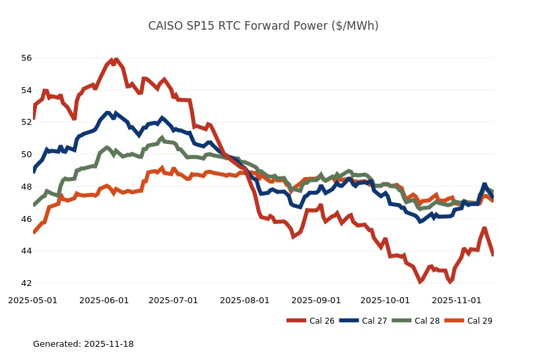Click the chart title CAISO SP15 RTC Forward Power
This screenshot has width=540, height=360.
(x=263, y=26)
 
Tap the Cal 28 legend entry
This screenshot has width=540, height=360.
(x=415, y=321)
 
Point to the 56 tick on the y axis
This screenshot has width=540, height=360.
(x=26, y=58)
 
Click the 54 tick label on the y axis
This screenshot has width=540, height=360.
(x=26, y=90)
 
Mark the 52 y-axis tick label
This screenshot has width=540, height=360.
(x=26, y=122)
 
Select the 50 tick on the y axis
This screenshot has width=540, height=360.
(x=26, y=155)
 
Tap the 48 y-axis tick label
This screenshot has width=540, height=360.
(x=26, y=187)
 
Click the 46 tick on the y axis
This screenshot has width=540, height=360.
(x=26, y=219)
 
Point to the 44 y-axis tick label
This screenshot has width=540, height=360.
(x=26, y=251)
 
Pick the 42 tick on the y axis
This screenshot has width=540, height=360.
(x=26, y=283)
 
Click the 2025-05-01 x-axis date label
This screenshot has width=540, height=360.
(x=32, y=301)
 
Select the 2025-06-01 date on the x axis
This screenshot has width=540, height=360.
(x=104, y=301)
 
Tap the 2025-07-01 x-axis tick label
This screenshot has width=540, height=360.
(x=173, y=301)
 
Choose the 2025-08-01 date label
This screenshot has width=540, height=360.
(x=244, y=301)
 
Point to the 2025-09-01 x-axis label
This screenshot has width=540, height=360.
(x=316, y=301)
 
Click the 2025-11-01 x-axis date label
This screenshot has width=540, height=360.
(x=456, y=301)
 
